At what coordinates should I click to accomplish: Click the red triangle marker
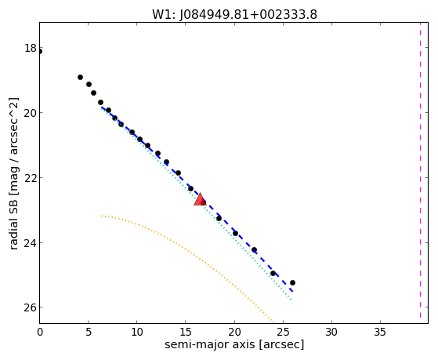coord(200,199)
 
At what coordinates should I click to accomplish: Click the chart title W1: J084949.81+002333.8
coord(234,15)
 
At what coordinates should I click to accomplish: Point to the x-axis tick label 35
coord(380,332)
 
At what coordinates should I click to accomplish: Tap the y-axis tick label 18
coord(31,48)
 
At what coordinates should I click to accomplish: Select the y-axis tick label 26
coord(31,307)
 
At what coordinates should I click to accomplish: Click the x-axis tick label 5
coord(89,332)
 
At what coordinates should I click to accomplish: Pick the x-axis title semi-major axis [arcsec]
coord(234,344)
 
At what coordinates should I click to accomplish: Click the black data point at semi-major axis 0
coord(40,52)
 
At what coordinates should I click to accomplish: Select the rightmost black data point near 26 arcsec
coord(292,283)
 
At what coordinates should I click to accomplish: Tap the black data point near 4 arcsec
coord(80,77)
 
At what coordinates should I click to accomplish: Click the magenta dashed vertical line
coord(420,170)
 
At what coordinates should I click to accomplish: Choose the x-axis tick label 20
coord(234,332)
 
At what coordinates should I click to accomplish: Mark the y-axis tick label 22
coord(31,177)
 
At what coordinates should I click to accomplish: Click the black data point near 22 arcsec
coord(254,249)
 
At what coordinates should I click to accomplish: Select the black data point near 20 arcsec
coord(236,233)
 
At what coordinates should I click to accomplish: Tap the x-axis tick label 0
coord(40,332)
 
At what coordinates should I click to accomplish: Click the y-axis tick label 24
coord(31,242)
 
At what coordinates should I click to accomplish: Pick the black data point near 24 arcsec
coord(273,273)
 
